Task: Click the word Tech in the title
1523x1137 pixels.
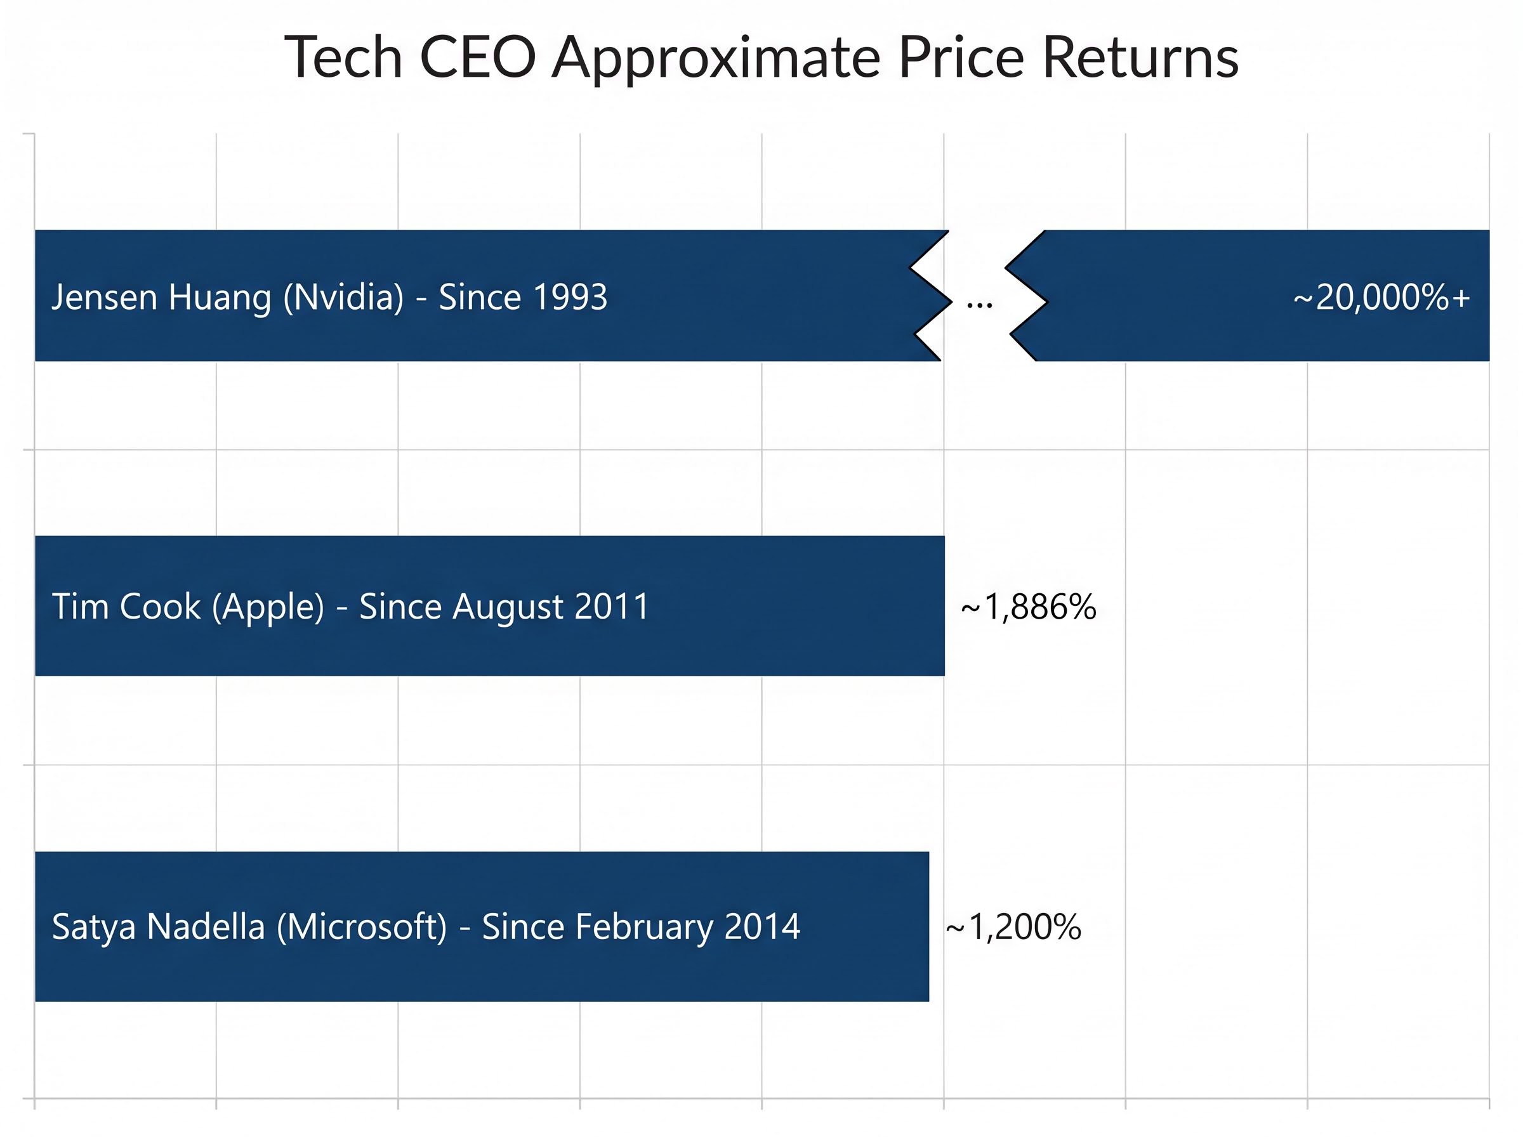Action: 343,58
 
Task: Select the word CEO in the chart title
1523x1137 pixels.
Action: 477,58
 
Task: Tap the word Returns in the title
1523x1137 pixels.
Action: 1140,58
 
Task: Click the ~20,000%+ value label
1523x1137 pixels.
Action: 1381,298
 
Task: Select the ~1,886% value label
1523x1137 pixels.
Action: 1028,607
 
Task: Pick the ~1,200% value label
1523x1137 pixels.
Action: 1013,926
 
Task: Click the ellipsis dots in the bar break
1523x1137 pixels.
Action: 979,303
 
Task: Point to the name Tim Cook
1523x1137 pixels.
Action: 126,607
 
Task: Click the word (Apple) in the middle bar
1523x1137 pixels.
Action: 268,607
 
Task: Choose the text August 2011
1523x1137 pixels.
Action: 551,607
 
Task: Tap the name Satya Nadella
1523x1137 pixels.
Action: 157,927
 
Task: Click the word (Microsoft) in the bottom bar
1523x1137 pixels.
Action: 362,926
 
